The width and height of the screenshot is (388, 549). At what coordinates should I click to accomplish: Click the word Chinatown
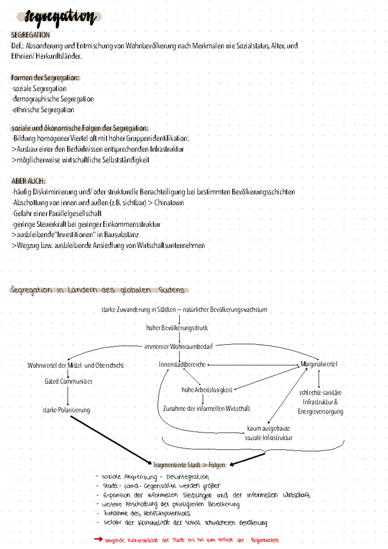(169, 203)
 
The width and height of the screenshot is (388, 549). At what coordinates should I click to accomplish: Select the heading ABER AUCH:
(28, 181)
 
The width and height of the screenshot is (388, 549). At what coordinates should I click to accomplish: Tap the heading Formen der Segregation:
(45, 78)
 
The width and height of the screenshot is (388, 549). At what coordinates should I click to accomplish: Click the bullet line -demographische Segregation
(53, 99)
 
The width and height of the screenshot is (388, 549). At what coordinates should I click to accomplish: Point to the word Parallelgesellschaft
(75, 214)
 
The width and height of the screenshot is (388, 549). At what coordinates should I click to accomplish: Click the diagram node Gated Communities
(68, 382)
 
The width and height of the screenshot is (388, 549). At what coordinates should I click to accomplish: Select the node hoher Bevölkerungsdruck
(177, 328)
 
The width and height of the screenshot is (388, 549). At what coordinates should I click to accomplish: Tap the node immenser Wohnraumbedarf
(178, 347)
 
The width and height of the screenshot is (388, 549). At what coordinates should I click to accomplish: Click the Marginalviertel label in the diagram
(319, 364)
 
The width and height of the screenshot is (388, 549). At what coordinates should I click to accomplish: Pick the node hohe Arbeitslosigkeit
(207, 390)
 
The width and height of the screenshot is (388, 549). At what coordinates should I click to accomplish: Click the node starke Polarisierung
(66, 410)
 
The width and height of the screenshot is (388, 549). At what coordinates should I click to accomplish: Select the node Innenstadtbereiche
(182, 365)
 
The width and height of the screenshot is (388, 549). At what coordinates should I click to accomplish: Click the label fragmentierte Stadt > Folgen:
(190, 465)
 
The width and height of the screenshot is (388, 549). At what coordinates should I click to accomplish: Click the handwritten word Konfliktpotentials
(167, 513)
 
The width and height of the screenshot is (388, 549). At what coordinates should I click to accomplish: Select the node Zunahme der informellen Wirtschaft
(207, 409)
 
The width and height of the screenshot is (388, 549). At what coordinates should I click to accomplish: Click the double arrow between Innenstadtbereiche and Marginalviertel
(253, 365)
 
